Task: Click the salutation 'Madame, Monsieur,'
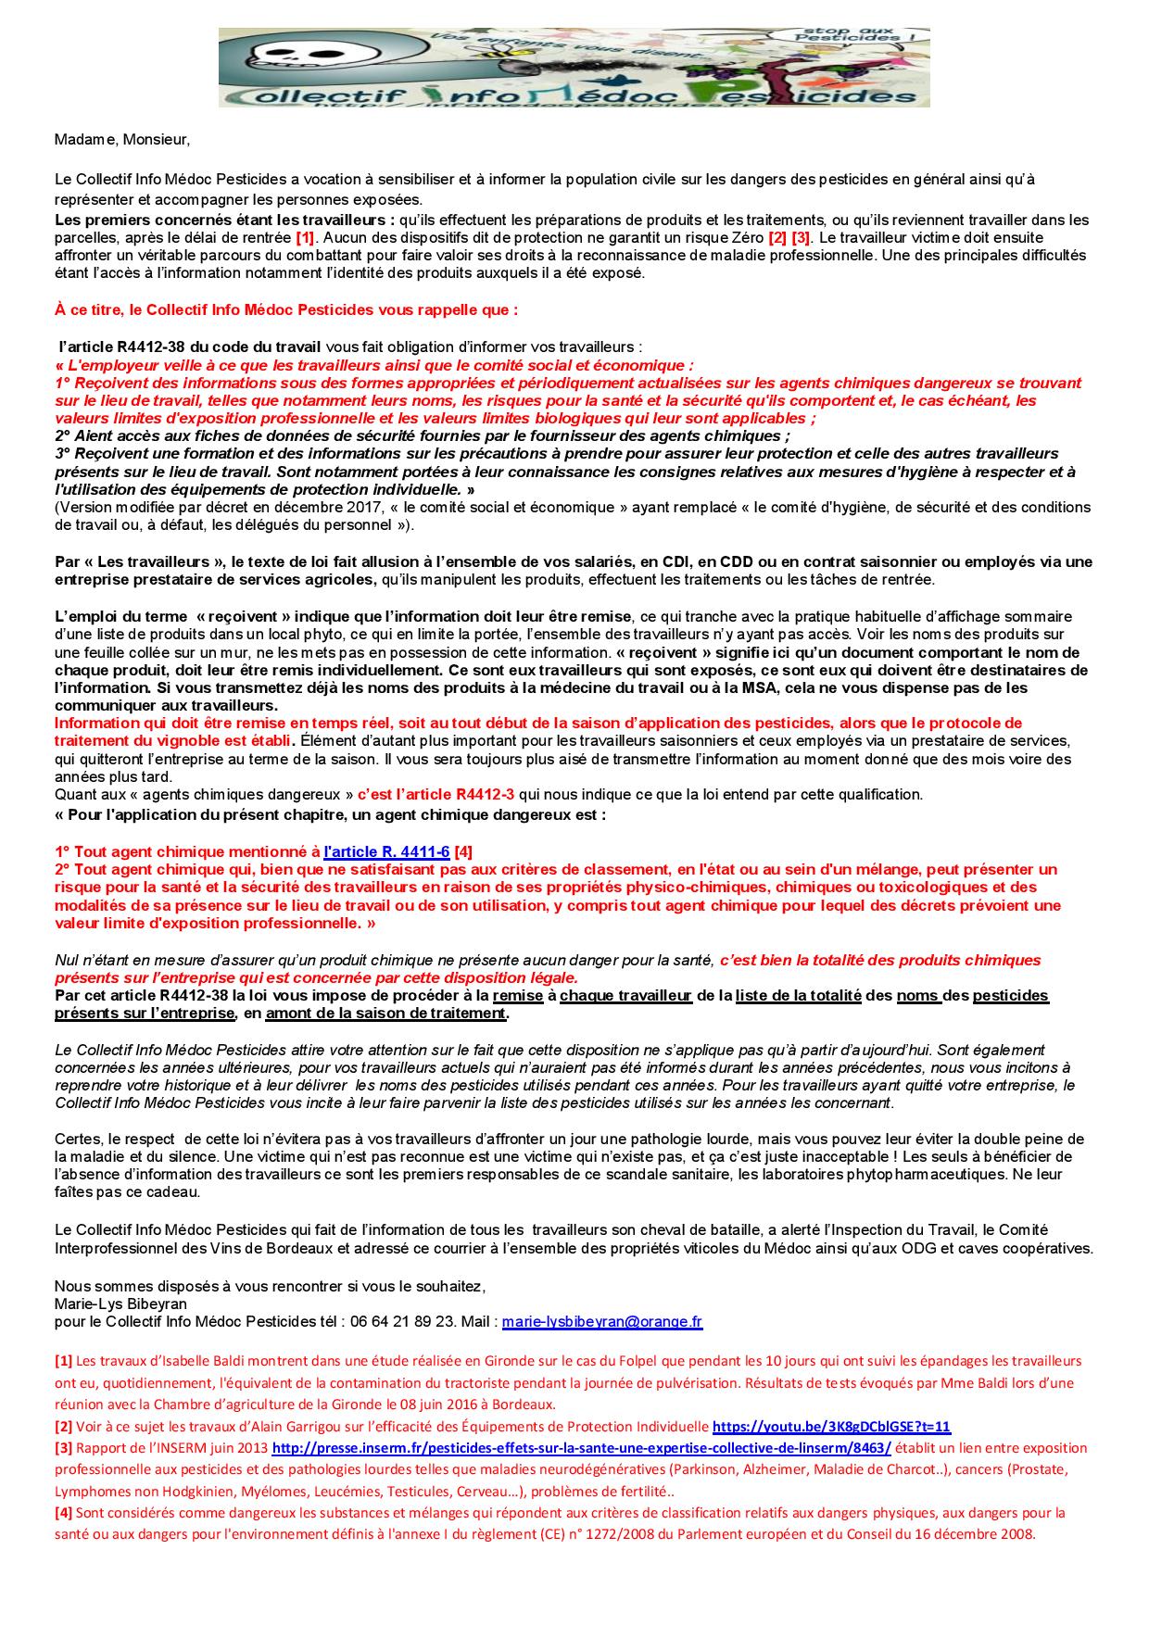(x=121, y=139)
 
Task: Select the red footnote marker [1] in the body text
(x=305, y=238)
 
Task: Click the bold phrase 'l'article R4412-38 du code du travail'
(x=190, y=347)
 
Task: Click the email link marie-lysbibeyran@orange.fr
(x=602, y=1322)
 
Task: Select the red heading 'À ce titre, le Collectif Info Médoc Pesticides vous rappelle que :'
(x=286, y=309)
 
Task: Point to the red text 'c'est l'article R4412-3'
(x=436, y=795)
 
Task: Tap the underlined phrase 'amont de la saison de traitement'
(x=386, y=1014)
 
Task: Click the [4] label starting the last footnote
(x=64, y=1513)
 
